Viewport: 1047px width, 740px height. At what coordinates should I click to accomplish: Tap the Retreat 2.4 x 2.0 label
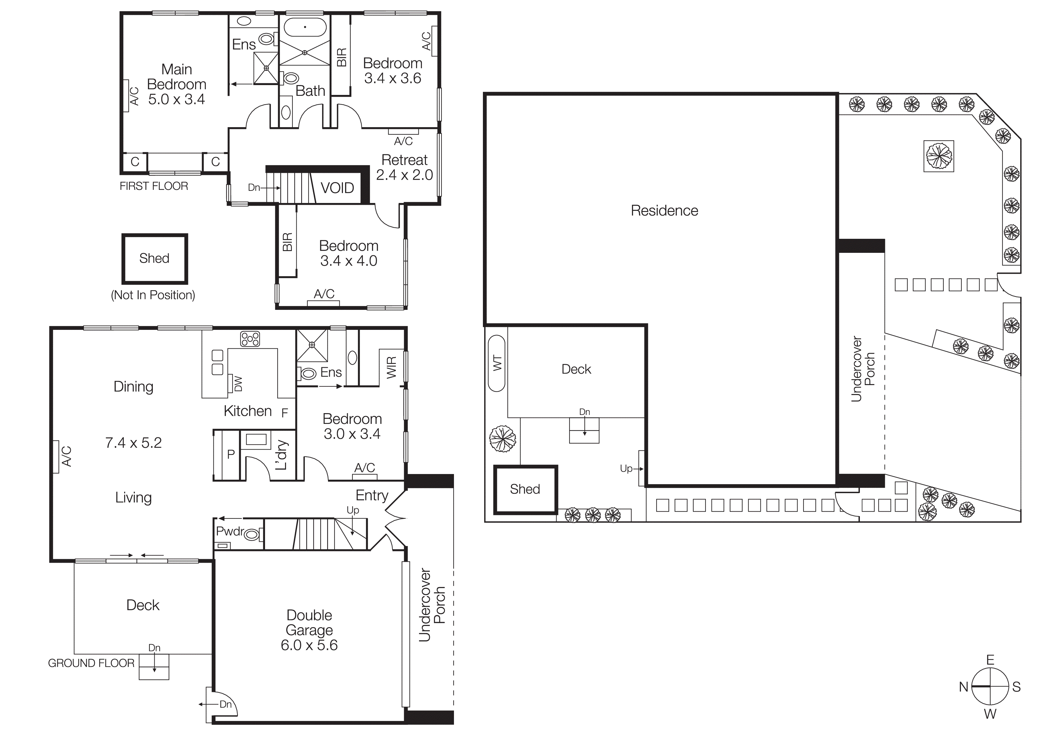point(404,167)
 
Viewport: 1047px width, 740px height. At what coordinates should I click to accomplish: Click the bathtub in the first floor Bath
point(305,27)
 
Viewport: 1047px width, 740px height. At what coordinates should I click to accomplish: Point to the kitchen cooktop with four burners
point(250,339)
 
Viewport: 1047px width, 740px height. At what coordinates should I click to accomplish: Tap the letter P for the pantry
point(231,454)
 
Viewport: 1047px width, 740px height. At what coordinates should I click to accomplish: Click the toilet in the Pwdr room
point(252,534)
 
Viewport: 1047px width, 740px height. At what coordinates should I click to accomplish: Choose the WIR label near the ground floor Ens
point(392,367)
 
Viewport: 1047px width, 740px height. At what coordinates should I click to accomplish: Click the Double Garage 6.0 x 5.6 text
point(309,630)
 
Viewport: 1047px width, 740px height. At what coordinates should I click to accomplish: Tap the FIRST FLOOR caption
point(154,186)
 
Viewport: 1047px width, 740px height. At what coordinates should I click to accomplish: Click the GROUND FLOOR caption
point(91,663)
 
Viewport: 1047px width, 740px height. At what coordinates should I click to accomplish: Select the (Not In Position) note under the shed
point(153,295)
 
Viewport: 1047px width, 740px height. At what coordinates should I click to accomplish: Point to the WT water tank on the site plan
point(497,363)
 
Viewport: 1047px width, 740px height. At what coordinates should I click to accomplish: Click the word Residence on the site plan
point(664,211)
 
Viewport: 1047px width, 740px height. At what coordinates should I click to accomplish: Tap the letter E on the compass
point(990,660)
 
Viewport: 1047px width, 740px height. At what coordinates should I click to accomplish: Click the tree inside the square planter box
point(939,156)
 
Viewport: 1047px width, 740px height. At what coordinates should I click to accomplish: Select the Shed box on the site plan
point(525,489)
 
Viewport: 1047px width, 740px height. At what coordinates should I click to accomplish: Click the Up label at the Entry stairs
point(352,510)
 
